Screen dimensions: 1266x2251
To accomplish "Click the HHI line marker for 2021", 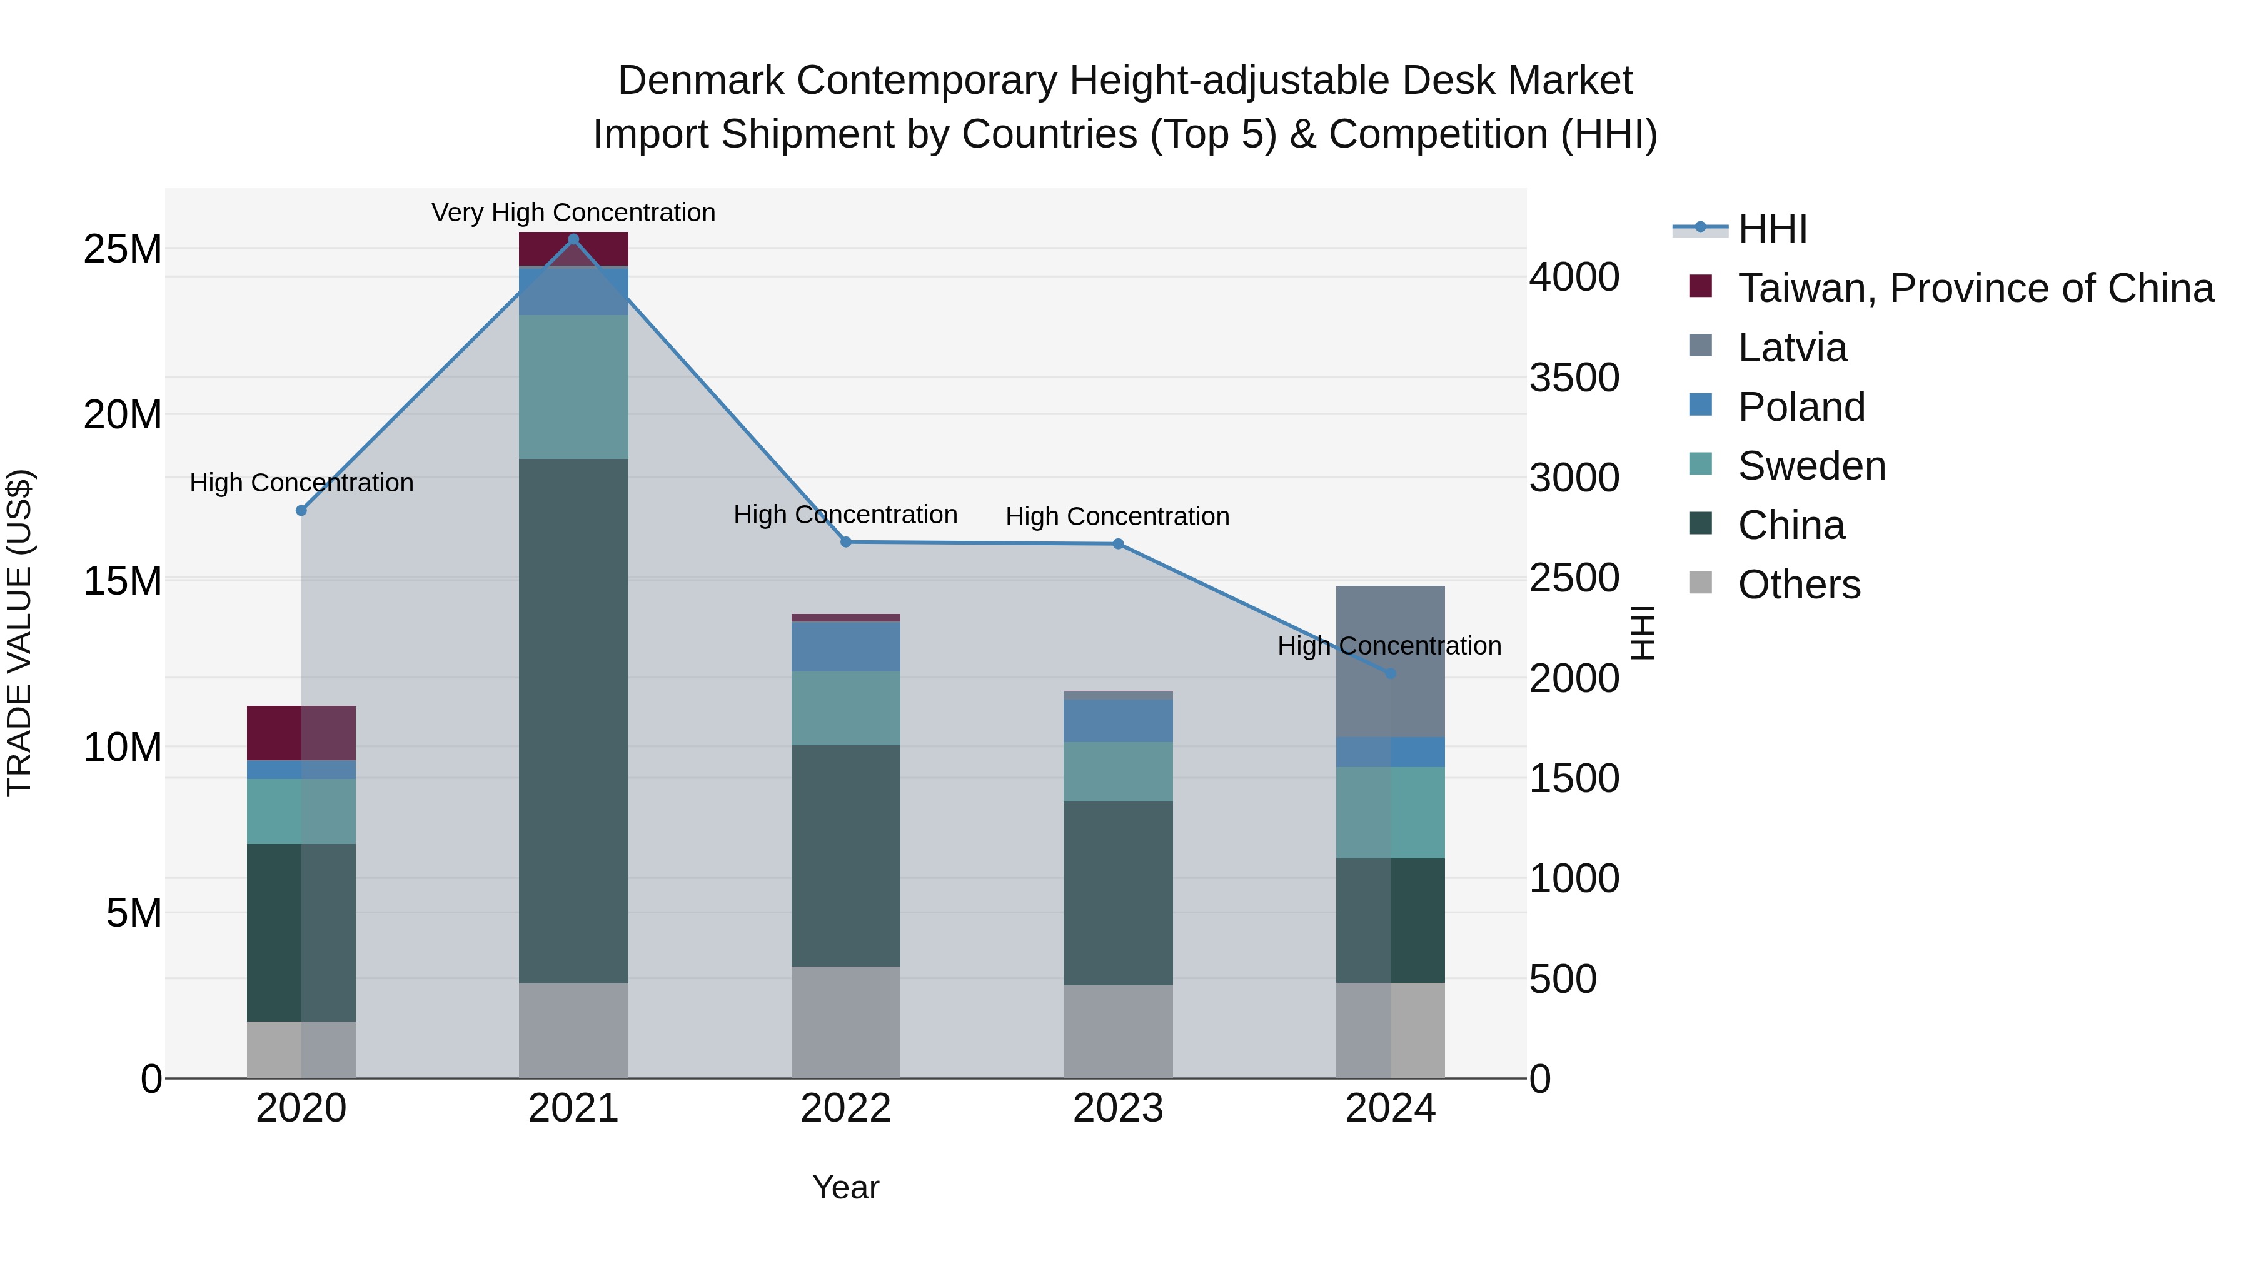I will click(573, 239).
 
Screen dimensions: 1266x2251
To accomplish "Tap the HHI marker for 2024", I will click(1390, 673).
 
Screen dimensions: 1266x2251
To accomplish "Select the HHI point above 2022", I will click(846, 541).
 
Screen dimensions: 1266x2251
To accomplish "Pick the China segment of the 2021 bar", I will click(573, 721).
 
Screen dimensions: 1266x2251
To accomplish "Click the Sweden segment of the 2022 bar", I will click(846, 708).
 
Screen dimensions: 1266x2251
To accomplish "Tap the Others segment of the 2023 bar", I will click(1117, 1031).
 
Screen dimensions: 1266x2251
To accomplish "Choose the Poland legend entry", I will click(1801, 407).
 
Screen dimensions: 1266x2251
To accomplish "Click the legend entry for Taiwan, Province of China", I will click(1975, 288).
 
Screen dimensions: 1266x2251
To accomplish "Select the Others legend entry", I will click(1798, 585).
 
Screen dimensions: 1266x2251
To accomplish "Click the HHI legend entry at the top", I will click(1771, 229).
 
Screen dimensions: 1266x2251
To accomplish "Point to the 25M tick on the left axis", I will click(123, 250).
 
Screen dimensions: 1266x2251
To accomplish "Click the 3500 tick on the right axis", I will click(1574, 378).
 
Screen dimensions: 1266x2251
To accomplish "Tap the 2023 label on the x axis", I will click(1117, 1108).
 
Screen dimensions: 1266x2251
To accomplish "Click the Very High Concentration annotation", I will click(573, 213).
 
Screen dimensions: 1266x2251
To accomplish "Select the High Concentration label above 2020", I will click(301, 482).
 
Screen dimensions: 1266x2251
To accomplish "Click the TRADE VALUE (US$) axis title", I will click(19, 633).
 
